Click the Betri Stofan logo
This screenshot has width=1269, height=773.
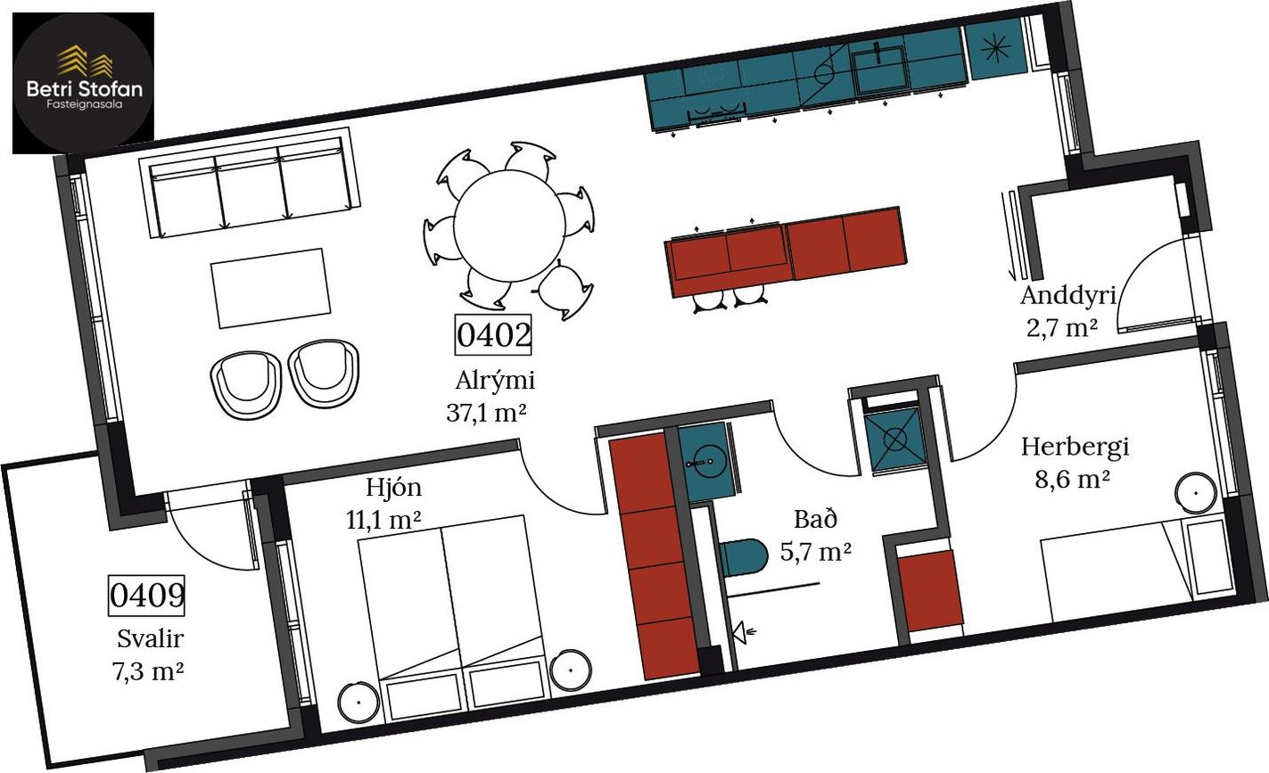pos(83,83)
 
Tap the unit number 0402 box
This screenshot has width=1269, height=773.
pos(493,334)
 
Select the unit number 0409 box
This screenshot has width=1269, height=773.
pos(147,596)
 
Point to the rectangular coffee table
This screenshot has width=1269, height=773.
pos(271,288)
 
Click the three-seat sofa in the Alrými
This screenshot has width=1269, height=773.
pos(250,183)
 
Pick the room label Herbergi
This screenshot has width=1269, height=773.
pos(1075,447)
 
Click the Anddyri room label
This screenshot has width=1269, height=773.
pos(1068,296)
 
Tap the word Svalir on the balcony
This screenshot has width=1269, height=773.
pos(150,639)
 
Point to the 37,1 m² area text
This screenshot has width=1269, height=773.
pos(486,413)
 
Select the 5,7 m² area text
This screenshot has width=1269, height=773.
pos(815,551)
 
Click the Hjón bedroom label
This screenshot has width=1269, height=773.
pos(394,487)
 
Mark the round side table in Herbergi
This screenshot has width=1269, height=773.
pos(1196,493)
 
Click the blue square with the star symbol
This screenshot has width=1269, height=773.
pos(995,49)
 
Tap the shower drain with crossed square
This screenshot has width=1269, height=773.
pos(895,440)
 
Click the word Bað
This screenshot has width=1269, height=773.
pos(815,519)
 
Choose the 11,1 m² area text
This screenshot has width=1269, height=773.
pos(383,520)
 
